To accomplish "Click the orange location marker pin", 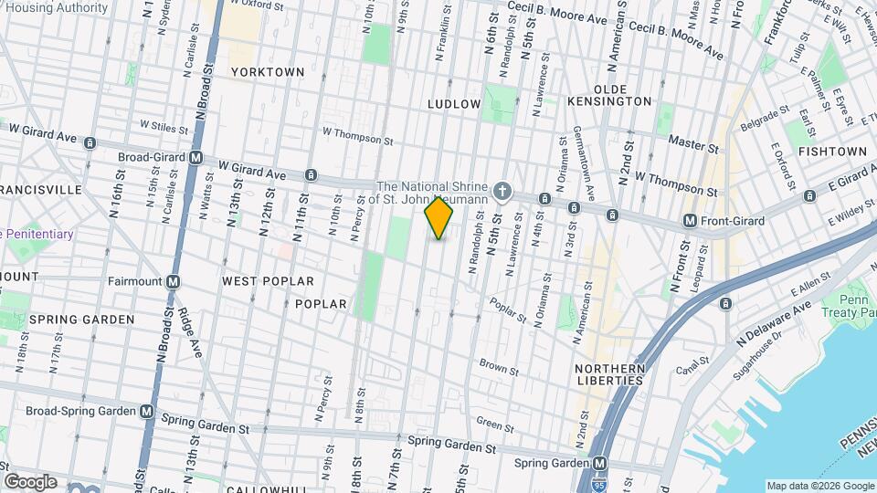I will click(438, 218).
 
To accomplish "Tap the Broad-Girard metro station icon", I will click(195, 157).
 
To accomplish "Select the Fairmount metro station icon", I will click(173, 281).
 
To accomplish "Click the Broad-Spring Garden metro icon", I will click(147, 411).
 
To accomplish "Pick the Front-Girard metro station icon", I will click(691, 220).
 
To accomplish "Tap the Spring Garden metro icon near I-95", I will click(600, 463).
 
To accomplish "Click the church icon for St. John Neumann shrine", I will click(501, 192).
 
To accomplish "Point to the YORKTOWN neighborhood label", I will click(267, 71).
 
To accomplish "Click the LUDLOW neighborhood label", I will click(454, 104).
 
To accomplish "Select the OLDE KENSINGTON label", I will click(609, 95).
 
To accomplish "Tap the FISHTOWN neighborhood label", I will click(832, 151).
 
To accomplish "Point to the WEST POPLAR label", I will click(268, 282).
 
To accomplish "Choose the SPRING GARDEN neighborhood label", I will click(81, 320).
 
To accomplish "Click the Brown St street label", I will click(499, 368).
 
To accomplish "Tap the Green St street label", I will click(495, 425).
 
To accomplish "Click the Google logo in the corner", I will click(30, 482).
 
